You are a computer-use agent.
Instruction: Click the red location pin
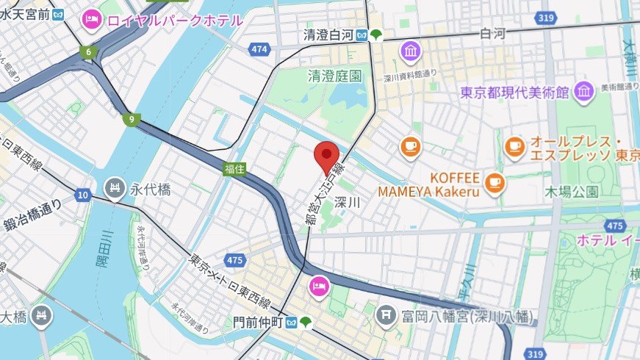point(326,156)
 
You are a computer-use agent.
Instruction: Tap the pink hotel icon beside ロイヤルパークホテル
point(92,19)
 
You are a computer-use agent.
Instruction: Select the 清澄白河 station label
point(329,35)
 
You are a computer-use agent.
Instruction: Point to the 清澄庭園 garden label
point(334,76)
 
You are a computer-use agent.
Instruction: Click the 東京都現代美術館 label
point(515,93)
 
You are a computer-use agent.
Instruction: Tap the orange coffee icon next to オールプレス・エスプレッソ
point(514,147)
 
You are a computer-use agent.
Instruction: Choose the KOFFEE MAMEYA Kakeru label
point(428,184)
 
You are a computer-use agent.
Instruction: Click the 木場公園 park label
point(572,192)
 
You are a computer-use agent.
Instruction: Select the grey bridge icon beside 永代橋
point(114,189)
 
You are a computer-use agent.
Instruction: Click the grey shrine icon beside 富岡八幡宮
point(385,316)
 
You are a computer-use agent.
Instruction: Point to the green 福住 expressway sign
point(235,168)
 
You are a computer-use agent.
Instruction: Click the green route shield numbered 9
point(132,118)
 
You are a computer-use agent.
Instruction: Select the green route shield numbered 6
point(88,52)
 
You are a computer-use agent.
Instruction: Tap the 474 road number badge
point(258,49)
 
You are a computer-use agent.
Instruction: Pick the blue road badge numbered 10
point(83,195)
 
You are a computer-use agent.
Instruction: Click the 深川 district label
point(347,202)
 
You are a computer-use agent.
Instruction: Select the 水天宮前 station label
point(25,13)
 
